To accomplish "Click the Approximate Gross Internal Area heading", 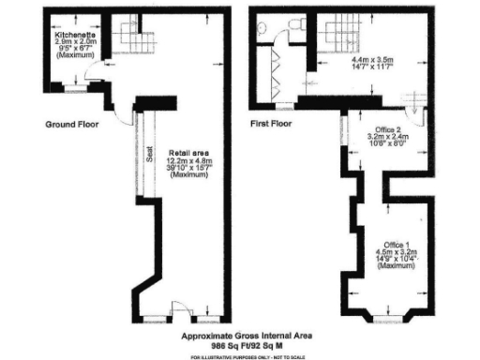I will tap(247, 335).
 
